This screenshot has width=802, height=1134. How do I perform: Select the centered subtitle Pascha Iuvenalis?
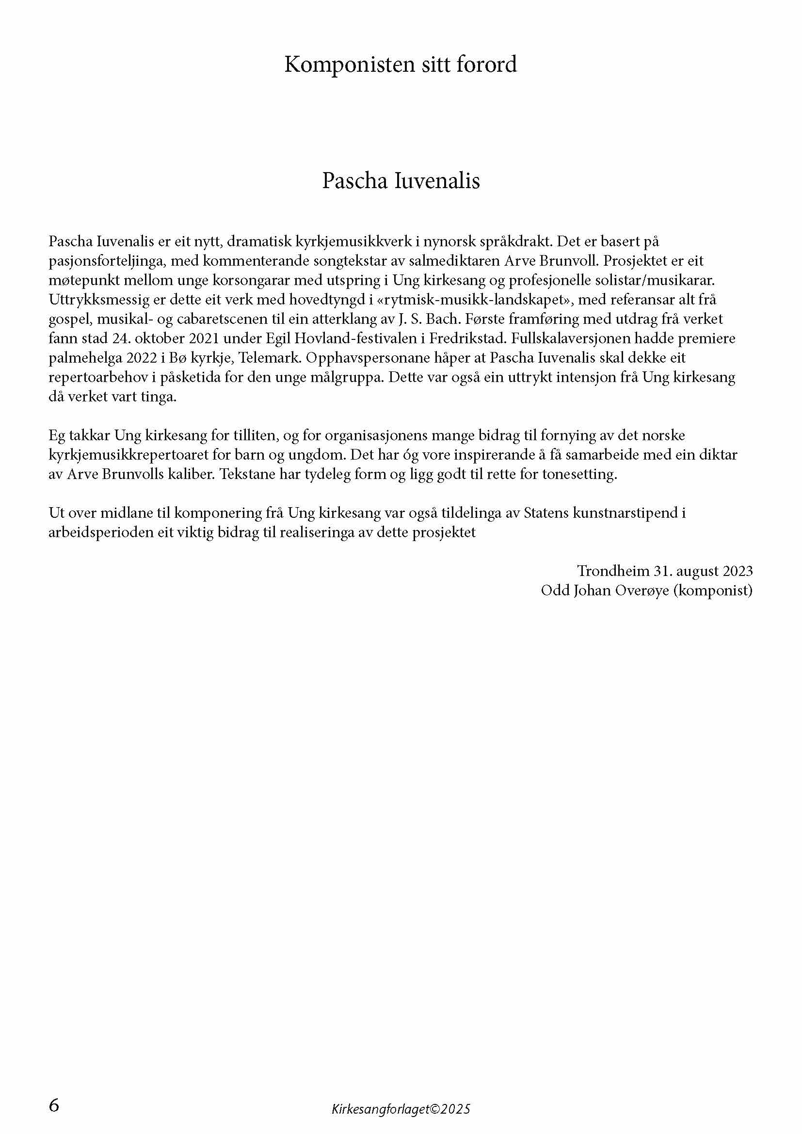point(401,181)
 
